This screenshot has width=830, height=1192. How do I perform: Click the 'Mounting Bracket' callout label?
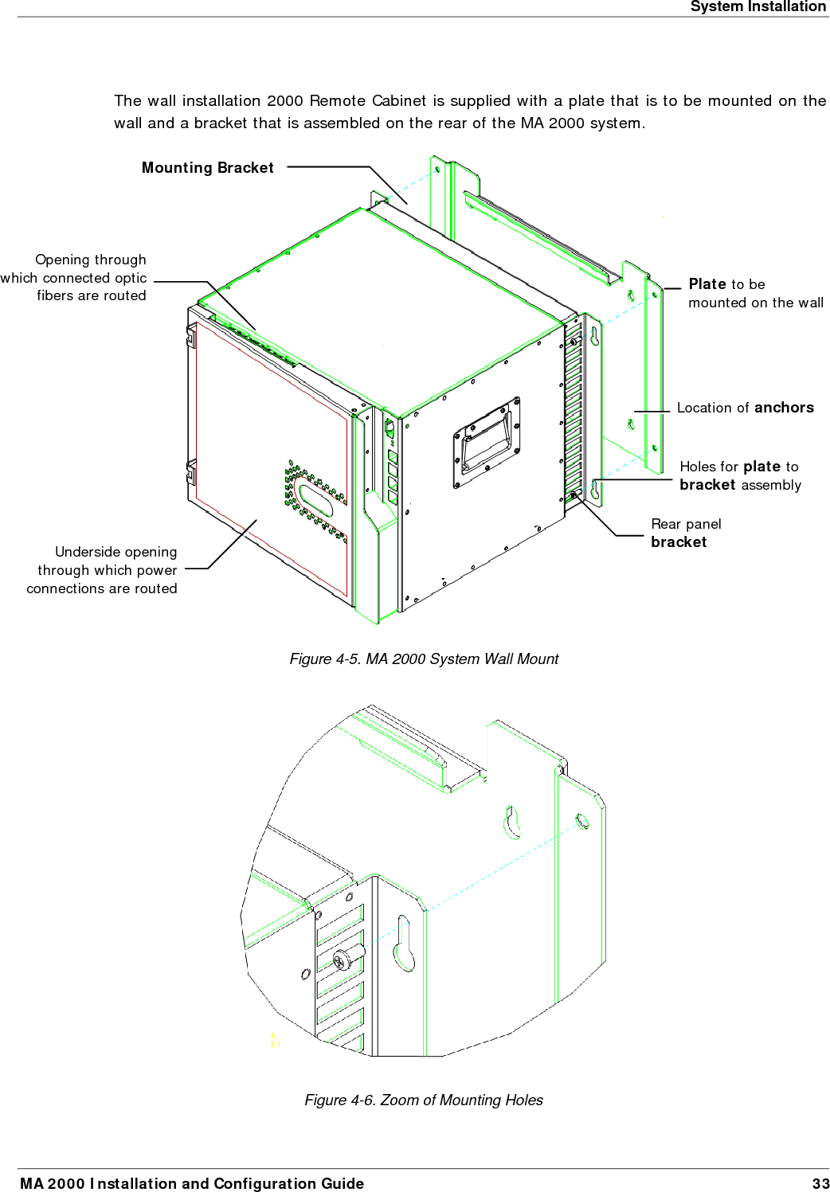click(207, 168)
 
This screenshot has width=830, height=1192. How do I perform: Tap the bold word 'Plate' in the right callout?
click(707, 284)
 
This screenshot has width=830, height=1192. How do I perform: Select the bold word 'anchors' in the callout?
click(784, 408)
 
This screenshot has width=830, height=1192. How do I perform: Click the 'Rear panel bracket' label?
click(685, 533)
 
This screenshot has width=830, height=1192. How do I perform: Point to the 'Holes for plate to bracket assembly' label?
click(739, 476)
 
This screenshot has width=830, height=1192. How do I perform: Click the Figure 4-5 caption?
click(423, 659)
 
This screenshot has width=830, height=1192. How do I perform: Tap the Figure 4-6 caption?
click(423, 1100)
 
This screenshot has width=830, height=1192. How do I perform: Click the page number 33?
click(820, 1184)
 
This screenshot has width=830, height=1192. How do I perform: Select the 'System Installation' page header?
click(758, 7)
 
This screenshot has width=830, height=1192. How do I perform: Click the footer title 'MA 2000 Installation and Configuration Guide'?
click(192, 1184)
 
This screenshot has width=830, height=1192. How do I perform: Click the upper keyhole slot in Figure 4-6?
click(511, 822)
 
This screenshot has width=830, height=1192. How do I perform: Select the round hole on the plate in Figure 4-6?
click(582, 820)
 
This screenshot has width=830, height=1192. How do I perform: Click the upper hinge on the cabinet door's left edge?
click(190, 335)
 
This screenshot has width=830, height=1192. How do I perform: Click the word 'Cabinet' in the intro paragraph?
click(398, 101)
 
